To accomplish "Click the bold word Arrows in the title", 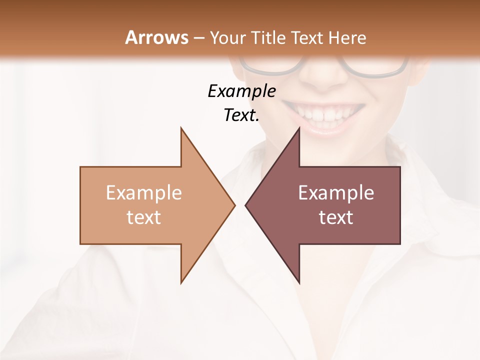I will [x=157, y=37].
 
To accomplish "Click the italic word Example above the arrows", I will [x=241, y=91].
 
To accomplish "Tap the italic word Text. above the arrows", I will [x=241, y=115].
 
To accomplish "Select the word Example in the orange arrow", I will [x=143, y=192].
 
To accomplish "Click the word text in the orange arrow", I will [x=143, y=217].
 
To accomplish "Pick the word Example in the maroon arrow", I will [x=336, y=192].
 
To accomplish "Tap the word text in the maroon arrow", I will [x=336, y=217].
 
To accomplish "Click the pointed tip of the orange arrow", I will [x=234, y=205].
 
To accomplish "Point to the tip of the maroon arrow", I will [x=246, y=205].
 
